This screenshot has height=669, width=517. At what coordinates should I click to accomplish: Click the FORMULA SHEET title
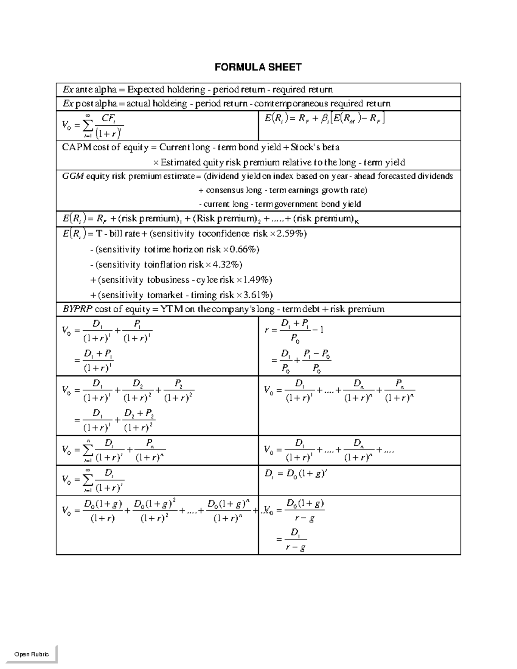pos(258,67)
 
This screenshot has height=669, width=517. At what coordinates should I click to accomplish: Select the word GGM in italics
pos(73,176)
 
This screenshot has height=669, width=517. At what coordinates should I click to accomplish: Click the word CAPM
pos(77,147)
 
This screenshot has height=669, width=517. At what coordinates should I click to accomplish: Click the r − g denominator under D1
pos(296,548)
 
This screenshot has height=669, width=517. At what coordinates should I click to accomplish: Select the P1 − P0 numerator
pos(317,355)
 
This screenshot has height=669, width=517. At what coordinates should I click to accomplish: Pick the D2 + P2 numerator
pos(139,414)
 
